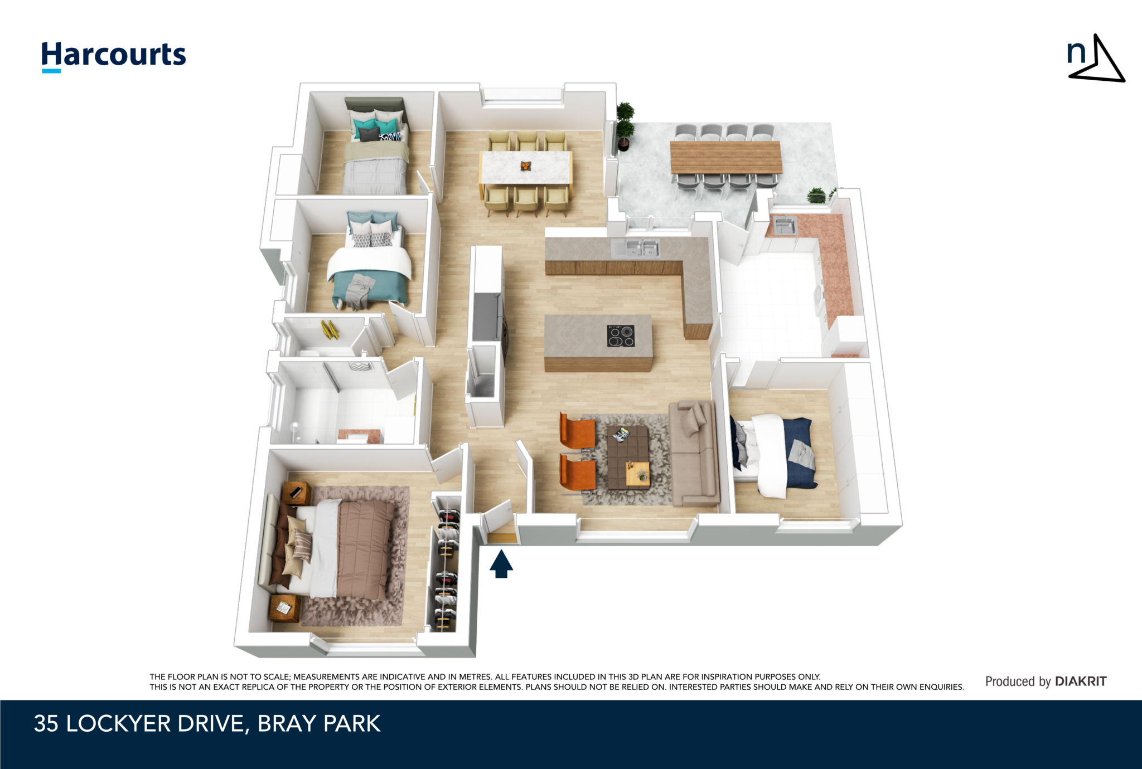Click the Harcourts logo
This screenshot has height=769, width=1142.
coord(114,56)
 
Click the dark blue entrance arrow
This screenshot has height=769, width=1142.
coord(501,563)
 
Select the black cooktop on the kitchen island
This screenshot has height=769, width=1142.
coord(621,336)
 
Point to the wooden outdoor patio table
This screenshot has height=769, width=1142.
coord(725,157)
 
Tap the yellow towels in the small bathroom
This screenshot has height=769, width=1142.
coord(330,329)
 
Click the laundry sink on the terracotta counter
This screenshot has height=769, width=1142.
coord(785,226)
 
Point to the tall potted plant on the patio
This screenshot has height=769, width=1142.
coord(625,126)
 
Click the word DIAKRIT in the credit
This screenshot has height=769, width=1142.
coord(1081,681)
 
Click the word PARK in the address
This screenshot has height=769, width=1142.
coord(352,723)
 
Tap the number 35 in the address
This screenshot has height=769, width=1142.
coord(46,723)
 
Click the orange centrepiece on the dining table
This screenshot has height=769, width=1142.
coord(525,166)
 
